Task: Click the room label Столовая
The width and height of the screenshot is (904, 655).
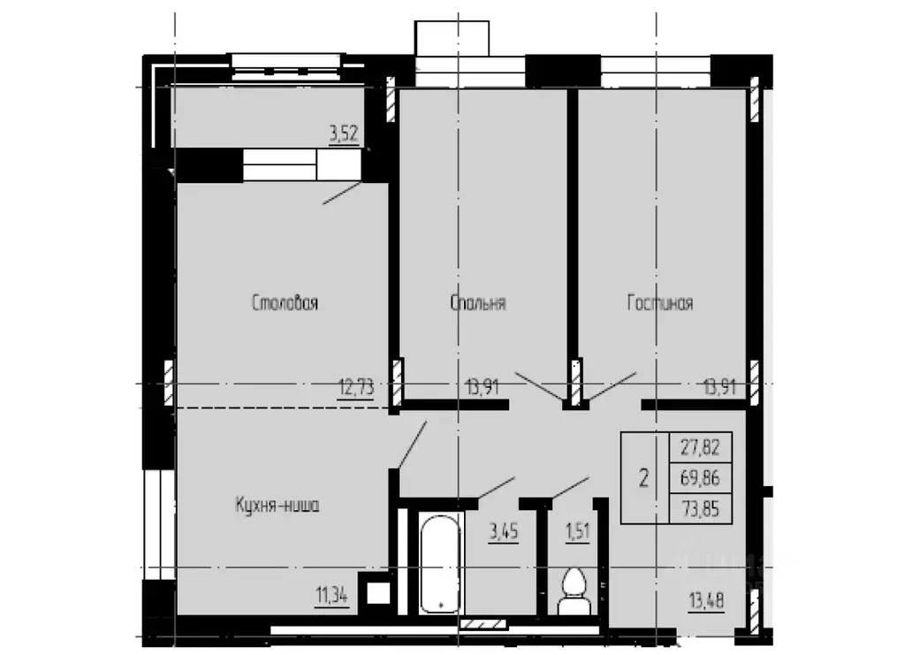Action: (x=285, y=303)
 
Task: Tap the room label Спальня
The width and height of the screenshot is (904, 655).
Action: (x=478, y=303)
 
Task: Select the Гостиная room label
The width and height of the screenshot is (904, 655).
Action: (x=660, y=303)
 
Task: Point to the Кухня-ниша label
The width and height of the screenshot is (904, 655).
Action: (x=276, y=506)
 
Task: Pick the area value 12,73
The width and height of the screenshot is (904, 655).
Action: (x=355, y=386)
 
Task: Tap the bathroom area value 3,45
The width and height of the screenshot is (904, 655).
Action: (x=504, y=532)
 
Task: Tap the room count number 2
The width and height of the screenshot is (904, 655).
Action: (x=644, y=479)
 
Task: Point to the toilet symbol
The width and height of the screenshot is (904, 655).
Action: (x=574, y=590)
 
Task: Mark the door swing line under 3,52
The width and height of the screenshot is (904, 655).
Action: (x=341, y=193)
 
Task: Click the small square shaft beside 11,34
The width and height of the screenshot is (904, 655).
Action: (x=378, y=591)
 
